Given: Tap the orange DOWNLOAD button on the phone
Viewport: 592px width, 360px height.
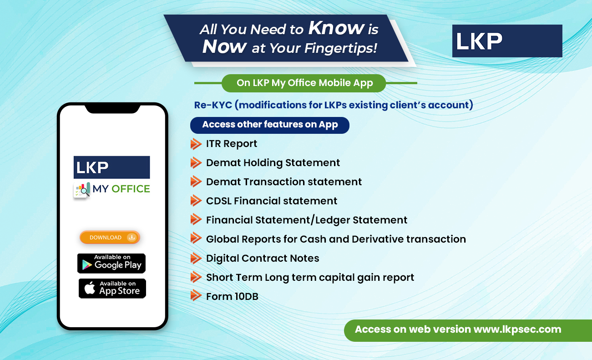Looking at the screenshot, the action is click(x=110, y=238).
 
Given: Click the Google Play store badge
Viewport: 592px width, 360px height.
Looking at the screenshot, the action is click(x=111, y=263).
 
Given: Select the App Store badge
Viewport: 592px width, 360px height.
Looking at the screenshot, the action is click(x=112, y=289).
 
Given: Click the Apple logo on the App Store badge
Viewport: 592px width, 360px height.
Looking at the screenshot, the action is click(x=90, y=288).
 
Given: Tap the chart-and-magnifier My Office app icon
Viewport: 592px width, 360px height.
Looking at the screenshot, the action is click(x=81, y=190).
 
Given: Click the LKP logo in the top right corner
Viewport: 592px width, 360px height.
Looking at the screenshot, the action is click(x=507, y=41).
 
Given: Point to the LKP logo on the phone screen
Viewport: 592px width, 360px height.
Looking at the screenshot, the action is click(x=111, y=167).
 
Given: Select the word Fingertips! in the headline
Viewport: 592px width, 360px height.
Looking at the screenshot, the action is click(x=341, y=48).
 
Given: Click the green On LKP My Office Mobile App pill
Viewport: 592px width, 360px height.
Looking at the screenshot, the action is click(x=304, y=83).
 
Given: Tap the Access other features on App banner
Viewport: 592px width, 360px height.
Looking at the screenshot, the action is click(x=269, y=125).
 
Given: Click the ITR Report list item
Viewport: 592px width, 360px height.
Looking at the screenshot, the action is click(x=231, y=144).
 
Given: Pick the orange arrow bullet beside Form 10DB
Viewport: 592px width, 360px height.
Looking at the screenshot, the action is click(x=196, y=295).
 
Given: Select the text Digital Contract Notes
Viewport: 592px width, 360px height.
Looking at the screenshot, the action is click(x=263, y=258).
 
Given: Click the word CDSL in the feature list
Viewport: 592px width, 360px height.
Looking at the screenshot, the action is click(x=218, y=201).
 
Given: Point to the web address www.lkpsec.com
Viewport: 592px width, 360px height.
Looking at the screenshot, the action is click(x=517, y=330).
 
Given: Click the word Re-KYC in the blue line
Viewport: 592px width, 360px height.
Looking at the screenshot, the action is click(x=213, y=105).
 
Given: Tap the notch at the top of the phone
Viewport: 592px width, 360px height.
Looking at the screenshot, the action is click(x=112, y=108).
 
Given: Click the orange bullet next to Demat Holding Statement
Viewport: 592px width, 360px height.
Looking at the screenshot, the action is click(x=196, y=162).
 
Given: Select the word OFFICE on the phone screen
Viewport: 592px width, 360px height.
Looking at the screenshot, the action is click(x=131, y=189).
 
